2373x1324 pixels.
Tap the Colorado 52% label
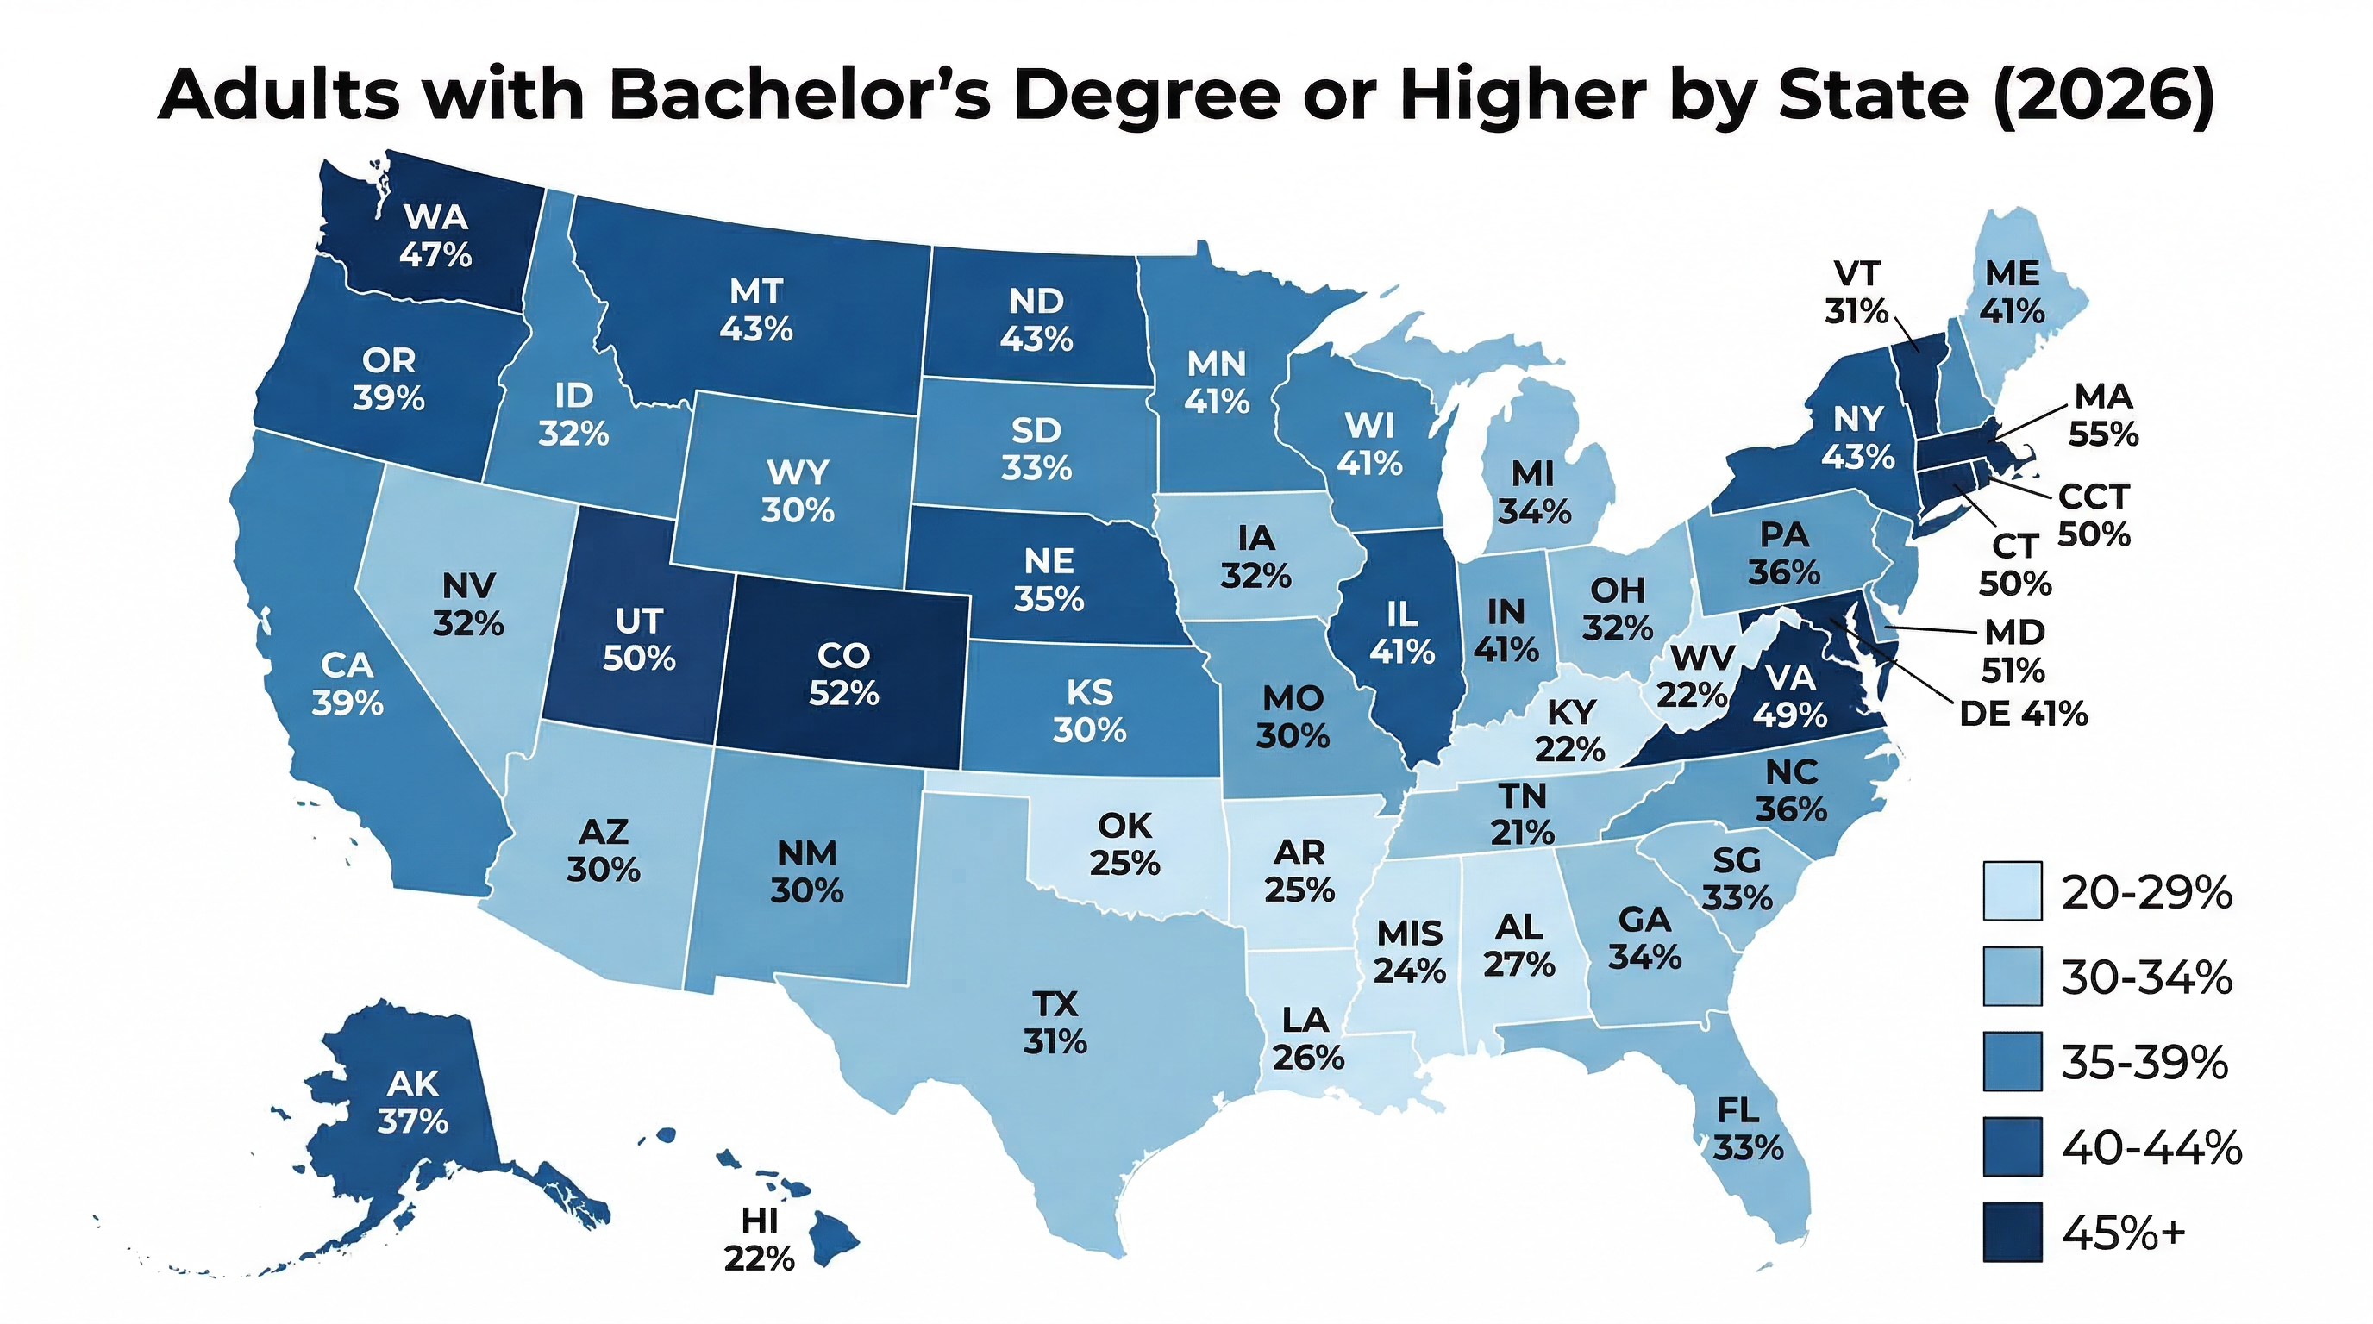(x=844, y=674)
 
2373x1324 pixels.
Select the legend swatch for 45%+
(x=2013, y=1232)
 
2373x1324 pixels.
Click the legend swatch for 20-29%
(x=2013, y=891)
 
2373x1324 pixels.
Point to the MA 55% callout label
(x=2103, y=415)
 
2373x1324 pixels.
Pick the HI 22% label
(x=759, y=1240)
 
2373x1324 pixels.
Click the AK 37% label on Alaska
(x=413, y=1102)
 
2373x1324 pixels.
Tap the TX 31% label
(x=1055, y=1022)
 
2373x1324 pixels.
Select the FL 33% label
(x=1748, y=1130)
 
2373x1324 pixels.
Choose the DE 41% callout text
(x=2023, y=714)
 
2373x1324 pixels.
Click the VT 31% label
(x=1856, y=293)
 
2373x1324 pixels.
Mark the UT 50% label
(x=639, y=640)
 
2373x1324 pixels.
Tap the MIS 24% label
(x=1410, y=952)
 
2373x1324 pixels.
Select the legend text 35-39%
(x=2144, y=1063)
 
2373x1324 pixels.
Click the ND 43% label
(x=1036, y=321)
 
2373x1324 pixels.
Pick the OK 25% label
(x=1124, y=844)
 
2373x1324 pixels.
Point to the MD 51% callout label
(x=2013, y=651)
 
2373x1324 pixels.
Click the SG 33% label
(x=1737, y=878)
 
